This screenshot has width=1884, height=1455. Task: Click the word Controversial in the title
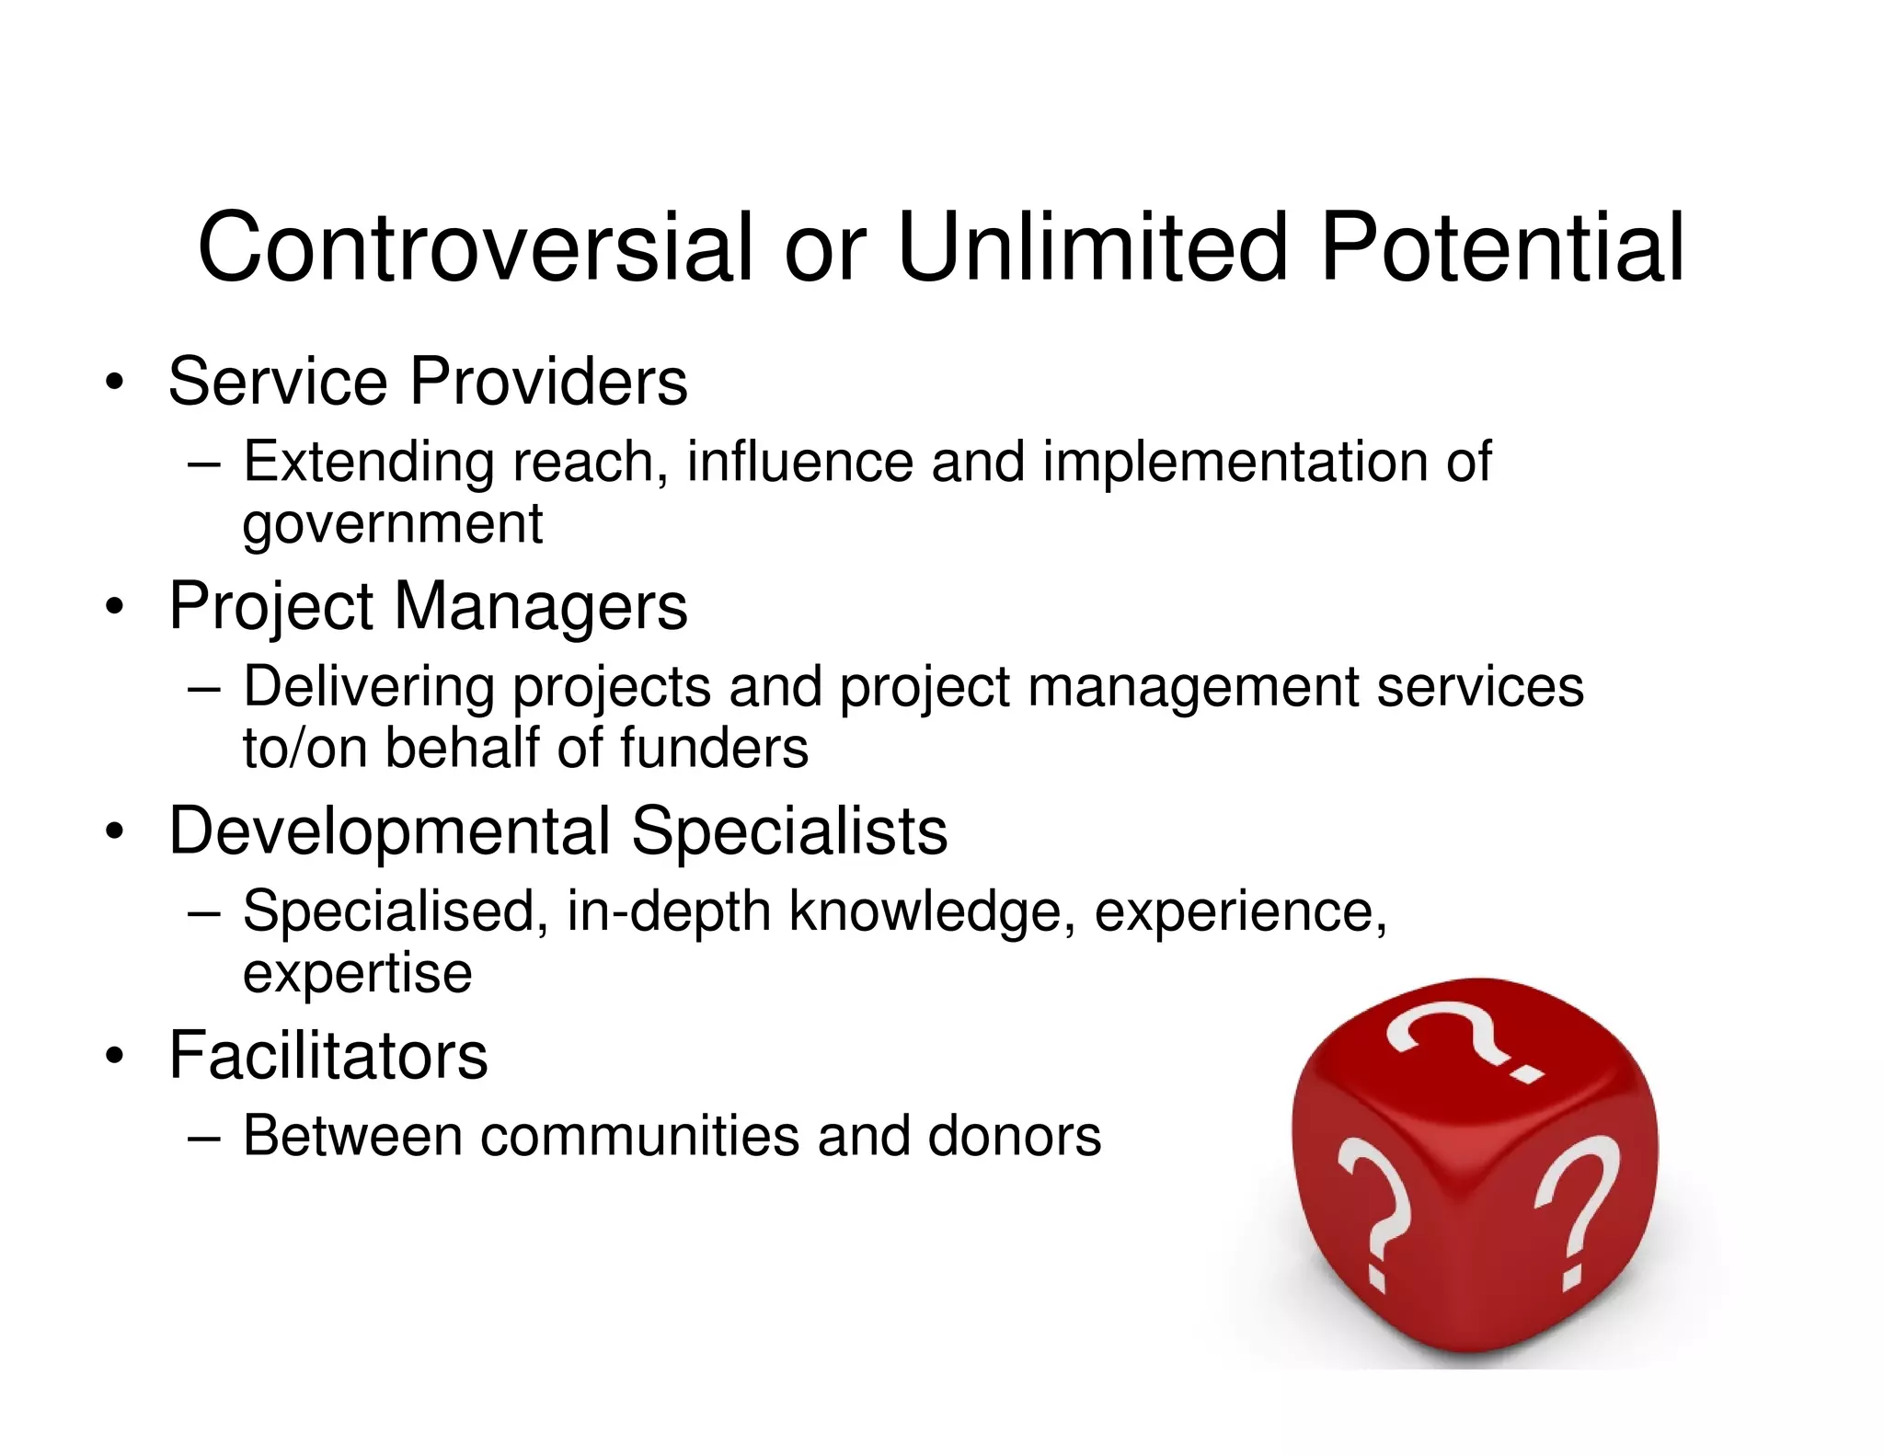click(476, 246)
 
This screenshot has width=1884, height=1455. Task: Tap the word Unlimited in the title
click(1092, 246)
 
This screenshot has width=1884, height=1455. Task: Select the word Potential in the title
click(1501, 246)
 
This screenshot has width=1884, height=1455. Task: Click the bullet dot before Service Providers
click(114, 383)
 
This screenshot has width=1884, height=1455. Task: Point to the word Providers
click(548, 381)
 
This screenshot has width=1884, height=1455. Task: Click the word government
click(392, 524)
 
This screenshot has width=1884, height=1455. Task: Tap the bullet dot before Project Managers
click(114, 607)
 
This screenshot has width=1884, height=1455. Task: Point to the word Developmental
click(390, 831)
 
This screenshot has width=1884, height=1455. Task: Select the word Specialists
click(789, 831)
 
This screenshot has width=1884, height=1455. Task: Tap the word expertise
click(357, 972)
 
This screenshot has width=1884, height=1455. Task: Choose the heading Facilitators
click(328, 1055)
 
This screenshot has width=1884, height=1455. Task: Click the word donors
click(1014, 1136)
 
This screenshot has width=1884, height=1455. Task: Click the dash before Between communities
click(203, 1138)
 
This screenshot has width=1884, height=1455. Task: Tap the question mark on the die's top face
click(1463, 1039)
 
